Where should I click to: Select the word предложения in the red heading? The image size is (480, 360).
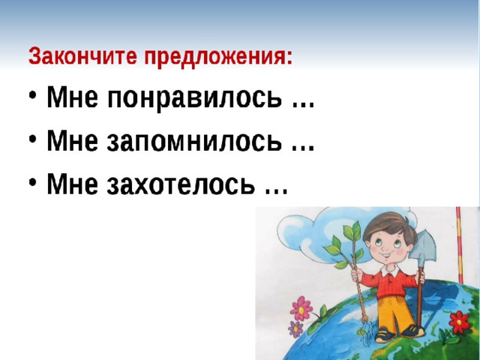coord(218,57)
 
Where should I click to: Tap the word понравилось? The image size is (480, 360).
coord(194,97)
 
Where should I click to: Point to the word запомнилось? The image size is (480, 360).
coord(194,141)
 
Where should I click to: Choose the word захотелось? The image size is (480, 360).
coord(181,184)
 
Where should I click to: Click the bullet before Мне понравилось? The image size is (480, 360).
coord(33,95)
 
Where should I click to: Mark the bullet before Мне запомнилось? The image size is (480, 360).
coord(33,138)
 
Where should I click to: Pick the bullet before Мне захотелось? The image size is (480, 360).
coord(33,181)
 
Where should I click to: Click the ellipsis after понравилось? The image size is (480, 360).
coord(302,105)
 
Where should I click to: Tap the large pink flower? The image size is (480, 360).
coord(301,308)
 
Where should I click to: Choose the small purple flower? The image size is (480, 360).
coord(295,329)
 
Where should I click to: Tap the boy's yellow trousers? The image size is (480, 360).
coord(393,313)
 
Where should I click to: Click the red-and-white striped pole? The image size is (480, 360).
coord(460,245)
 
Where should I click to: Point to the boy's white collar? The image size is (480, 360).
coord(390,271)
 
